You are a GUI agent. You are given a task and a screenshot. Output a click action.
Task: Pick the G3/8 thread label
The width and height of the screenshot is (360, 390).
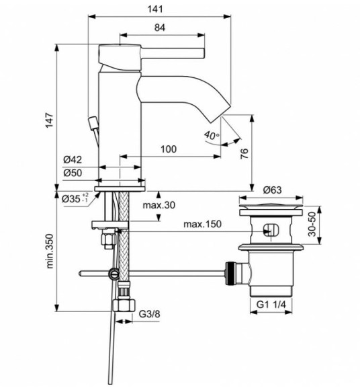click(150, 313)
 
